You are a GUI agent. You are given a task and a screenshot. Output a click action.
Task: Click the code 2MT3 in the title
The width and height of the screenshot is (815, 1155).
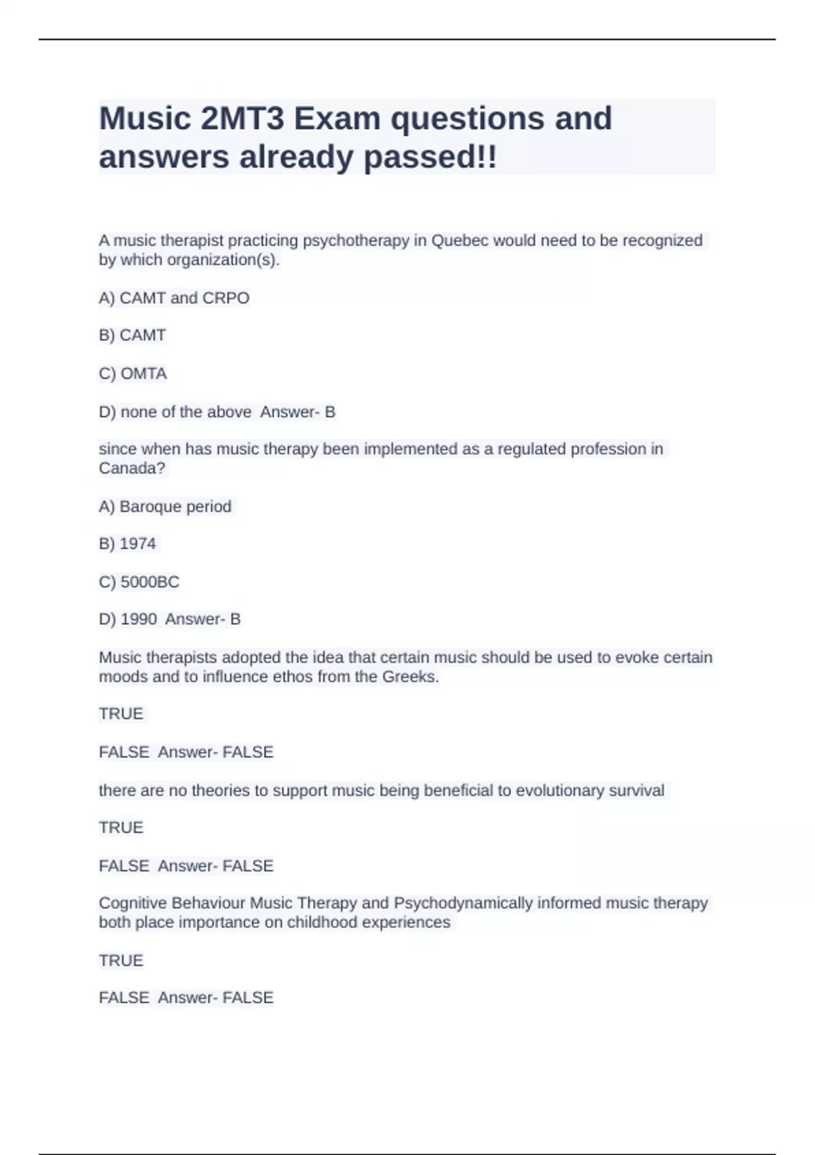[242, 119]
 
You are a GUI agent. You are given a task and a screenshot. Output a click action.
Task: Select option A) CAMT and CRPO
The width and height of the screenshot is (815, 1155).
[174, 298]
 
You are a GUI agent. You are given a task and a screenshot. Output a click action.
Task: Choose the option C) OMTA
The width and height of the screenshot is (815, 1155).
[132, 374]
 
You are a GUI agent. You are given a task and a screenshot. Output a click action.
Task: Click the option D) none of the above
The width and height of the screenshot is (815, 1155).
[175, 412]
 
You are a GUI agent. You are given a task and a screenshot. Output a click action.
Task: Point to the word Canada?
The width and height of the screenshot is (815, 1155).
[132, 468]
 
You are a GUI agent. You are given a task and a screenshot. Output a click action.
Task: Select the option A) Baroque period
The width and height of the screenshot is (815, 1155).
[165, 506]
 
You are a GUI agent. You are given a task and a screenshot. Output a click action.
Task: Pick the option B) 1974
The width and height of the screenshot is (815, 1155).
[127, 544]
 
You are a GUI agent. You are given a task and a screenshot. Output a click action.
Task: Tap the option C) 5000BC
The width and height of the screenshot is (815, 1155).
[139, 582]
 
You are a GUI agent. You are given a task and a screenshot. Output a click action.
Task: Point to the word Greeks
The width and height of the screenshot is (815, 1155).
[410, 677]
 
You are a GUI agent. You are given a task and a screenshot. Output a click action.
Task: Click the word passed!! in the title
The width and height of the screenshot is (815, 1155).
[431, 158]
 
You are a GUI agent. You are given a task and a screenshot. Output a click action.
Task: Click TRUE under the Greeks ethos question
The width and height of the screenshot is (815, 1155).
[121, 713]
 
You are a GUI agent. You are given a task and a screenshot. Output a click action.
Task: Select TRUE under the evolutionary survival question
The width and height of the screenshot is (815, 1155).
[121, 828]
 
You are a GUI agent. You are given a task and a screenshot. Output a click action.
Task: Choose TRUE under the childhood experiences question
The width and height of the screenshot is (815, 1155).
[121, 960]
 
